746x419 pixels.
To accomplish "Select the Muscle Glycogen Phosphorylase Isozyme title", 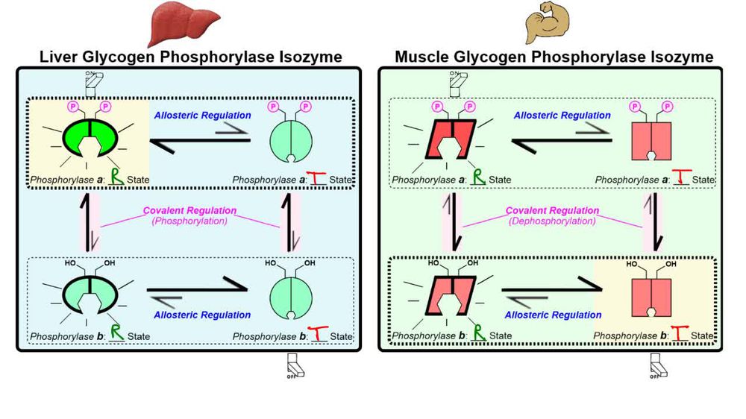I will (x=554, y=57).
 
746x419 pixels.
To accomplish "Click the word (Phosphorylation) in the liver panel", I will (x=190, y=221).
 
